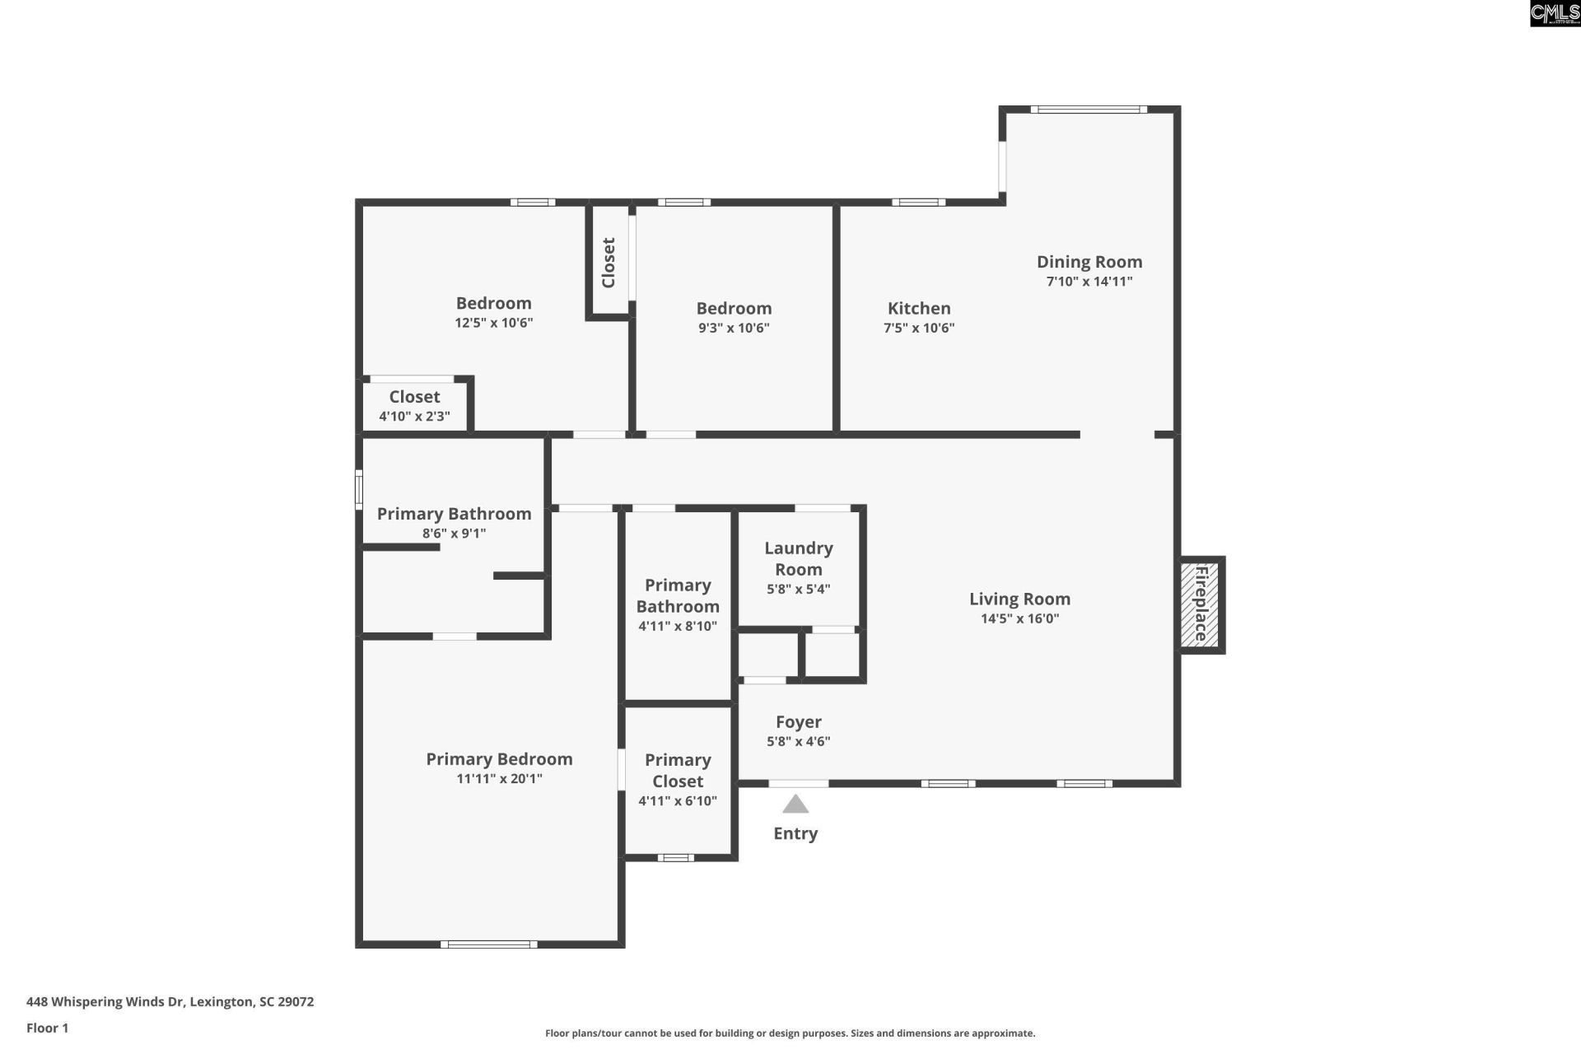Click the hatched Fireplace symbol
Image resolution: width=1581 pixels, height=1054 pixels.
click(x=1200, y=604)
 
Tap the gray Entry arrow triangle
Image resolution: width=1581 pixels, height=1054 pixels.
click(x=795, y=804)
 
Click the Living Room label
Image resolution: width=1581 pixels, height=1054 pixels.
click(x=1019, y=599)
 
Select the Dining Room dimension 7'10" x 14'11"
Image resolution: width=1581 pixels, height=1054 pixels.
click(x=1089, y=282)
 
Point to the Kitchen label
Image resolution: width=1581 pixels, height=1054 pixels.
click(x=919, y=309)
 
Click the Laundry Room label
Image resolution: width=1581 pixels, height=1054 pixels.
click(x=798, y=558)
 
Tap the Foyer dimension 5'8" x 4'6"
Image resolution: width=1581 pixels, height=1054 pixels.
click(x=798, y=741)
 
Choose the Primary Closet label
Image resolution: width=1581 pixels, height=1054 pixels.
click(x=678, y=770)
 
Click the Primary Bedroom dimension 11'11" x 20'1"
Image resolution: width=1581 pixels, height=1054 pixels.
click(x=499, y=779)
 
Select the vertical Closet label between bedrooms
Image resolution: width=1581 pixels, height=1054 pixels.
click(x=609, y=263)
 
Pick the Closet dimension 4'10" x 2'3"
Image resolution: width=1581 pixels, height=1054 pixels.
click(x=414, y=417)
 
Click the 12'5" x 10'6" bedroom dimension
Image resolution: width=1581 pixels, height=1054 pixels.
click(x=493, y=323)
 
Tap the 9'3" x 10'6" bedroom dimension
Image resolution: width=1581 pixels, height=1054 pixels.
click(x=734, y=328)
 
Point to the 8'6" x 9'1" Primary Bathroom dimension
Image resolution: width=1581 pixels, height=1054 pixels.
click(x=454, y=534)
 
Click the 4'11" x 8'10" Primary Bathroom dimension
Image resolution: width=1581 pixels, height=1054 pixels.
click(x=678, y=626)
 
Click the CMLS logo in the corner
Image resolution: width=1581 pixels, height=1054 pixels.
click(x=1554, y=13)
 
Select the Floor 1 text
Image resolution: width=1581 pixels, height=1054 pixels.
click(x=47, y=1028)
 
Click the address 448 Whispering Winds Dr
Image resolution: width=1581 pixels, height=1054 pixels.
click(x=170, y=1001)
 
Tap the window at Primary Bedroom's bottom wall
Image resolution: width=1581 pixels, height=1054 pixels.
click(x=488, y=944)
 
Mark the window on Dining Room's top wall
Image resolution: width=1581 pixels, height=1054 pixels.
click(x=1088, y=109)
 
